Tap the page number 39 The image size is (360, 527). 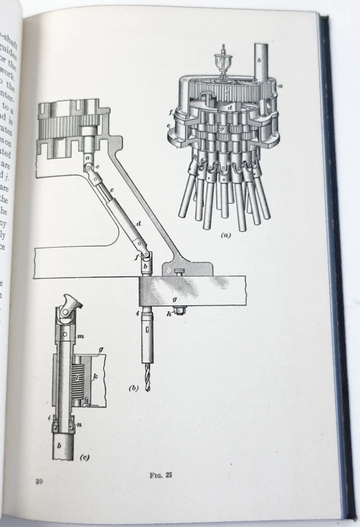[x=39, y=481]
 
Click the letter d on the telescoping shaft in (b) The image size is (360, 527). [x=138, y=224]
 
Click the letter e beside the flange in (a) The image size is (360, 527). [x=169, y=126]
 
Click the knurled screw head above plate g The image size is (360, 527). [x=180, y=272]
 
